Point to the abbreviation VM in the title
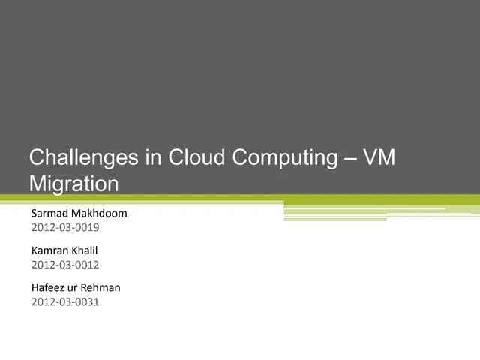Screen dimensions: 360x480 378,158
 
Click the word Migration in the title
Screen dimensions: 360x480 73,184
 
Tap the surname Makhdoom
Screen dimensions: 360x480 101,213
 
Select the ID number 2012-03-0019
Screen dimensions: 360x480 65,227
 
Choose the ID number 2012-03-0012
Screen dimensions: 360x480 65,265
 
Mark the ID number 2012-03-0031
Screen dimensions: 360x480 65,301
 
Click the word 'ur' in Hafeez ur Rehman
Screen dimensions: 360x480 75,288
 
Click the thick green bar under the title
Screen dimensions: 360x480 240,199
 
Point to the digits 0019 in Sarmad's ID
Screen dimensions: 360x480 88,227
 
